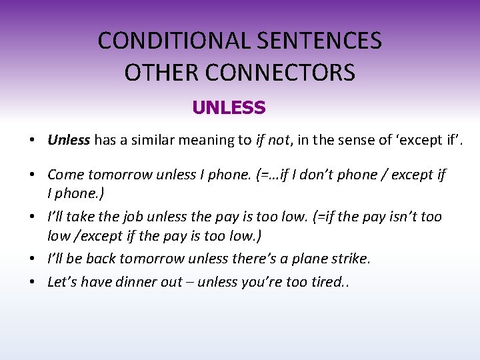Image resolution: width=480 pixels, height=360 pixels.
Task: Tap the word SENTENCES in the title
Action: [x=319, y=41]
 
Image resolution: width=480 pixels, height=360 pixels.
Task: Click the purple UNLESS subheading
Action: [x=229, y=107]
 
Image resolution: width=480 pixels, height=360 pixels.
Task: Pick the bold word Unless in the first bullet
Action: [x=69, y=140]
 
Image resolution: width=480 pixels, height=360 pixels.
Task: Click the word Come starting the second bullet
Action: [x=65, y=175]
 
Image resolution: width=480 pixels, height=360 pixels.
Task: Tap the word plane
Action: [x=304, y=259]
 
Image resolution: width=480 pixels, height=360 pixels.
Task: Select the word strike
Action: [x=349, y=259]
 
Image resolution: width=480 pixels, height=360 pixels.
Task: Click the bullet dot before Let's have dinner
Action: [x=32, y=282]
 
